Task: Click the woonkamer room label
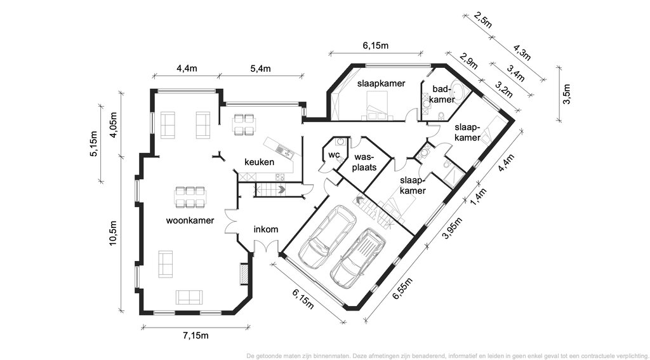click(x=190, y=220)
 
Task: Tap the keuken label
click(x=259, y=162)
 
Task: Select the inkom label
click(x=266, y=229)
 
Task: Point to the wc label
click(x=334, y=155)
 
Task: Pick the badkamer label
click(x=443, y=94)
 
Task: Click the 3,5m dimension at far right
click(x=566, y=94)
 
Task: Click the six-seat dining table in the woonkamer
click(x=190, y=197)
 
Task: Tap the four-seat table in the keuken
click(x=243, y=124)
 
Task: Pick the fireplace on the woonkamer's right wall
click(x=244, y=274)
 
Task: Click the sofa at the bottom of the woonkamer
click(x=189, y=297)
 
